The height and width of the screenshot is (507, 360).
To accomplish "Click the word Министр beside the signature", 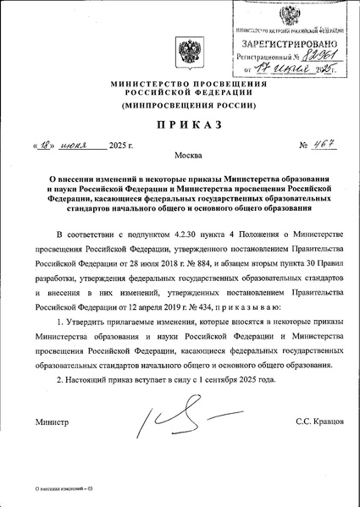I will click(51, 421).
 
